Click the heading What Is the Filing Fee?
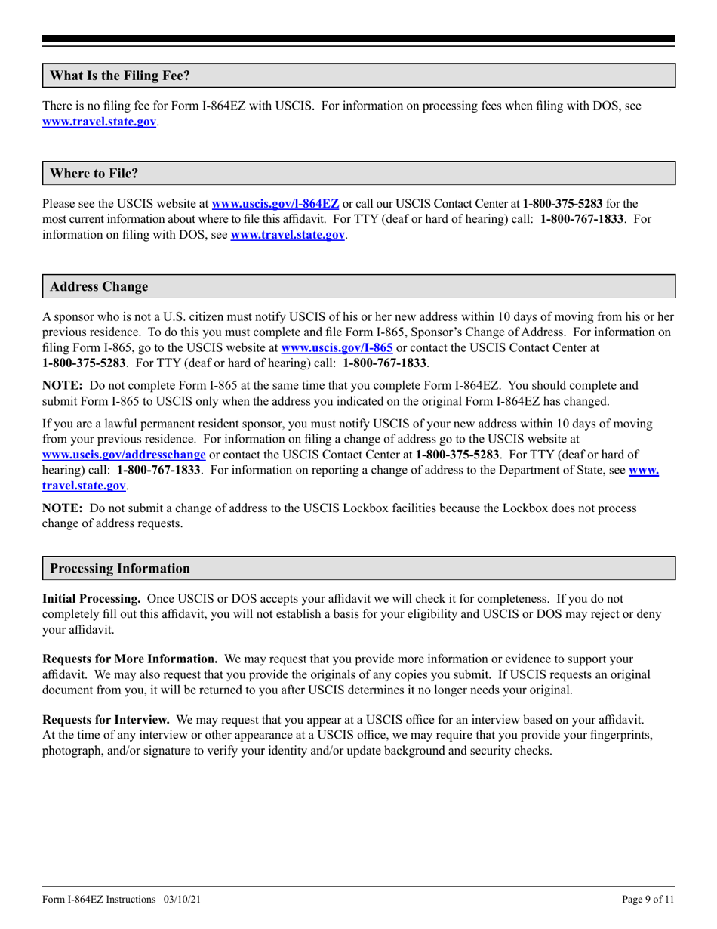[x=119, y=76]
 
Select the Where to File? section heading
[x=94, y=174]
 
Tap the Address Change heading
[x=99, y=287]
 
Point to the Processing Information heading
[x=120, y=568]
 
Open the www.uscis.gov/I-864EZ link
[x=275, y=204]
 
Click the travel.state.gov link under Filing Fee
[x=100, y=121]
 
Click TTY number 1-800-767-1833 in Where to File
[x=583, y=219]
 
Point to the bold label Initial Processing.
[x=91, y=598]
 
